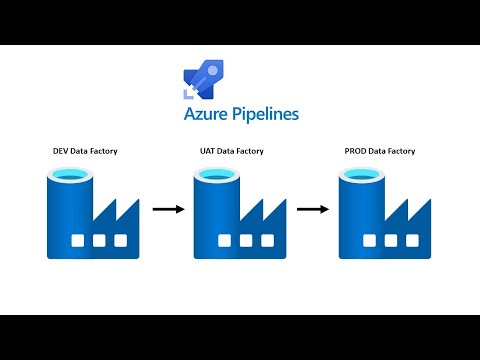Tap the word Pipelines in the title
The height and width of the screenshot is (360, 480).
pos(264,115)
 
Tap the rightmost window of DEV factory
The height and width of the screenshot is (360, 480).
pos(121,241)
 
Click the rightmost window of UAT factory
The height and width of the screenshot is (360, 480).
pos(267,241)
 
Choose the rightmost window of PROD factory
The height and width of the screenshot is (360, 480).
pos(412,241)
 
